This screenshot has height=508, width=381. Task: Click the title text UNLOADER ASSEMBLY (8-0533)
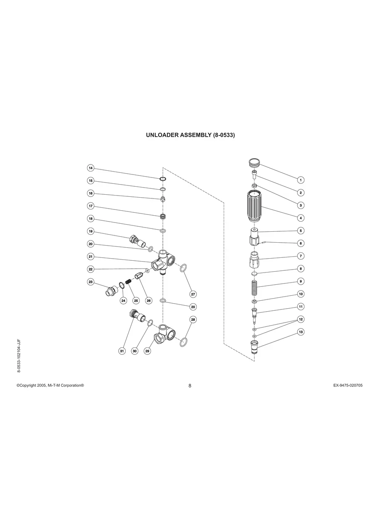[190, 135]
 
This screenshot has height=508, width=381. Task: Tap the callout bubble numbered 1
[301, 180]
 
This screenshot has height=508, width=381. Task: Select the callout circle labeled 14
[90, 168]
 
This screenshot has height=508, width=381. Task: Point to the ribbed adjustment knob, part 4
[254, 206]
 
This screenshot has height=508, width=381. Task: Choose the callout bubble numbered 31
[122, 351]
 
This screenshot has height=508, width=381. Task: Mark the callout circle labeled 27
[193, 294]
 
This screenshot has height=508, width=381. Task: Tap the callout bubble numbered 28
[193, 320]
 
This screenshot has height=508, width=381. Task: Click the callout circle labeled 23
[90, 282]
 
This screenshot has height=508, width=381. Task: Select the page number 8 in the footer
[190, 386]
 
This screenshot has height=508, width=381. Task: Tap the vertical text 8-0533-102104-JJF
[19, 355]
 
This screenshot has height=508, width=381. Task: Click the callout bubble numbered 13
[301, 332]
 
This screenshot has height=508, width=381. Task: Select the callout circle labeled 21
[90, 257]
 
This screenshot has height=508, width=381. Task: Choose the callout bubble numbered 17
[90, 206]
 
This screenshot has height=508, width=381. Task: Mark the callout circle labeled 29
[148, 351]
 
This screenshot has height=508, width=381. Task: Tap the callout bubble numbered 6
[301, 243]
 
